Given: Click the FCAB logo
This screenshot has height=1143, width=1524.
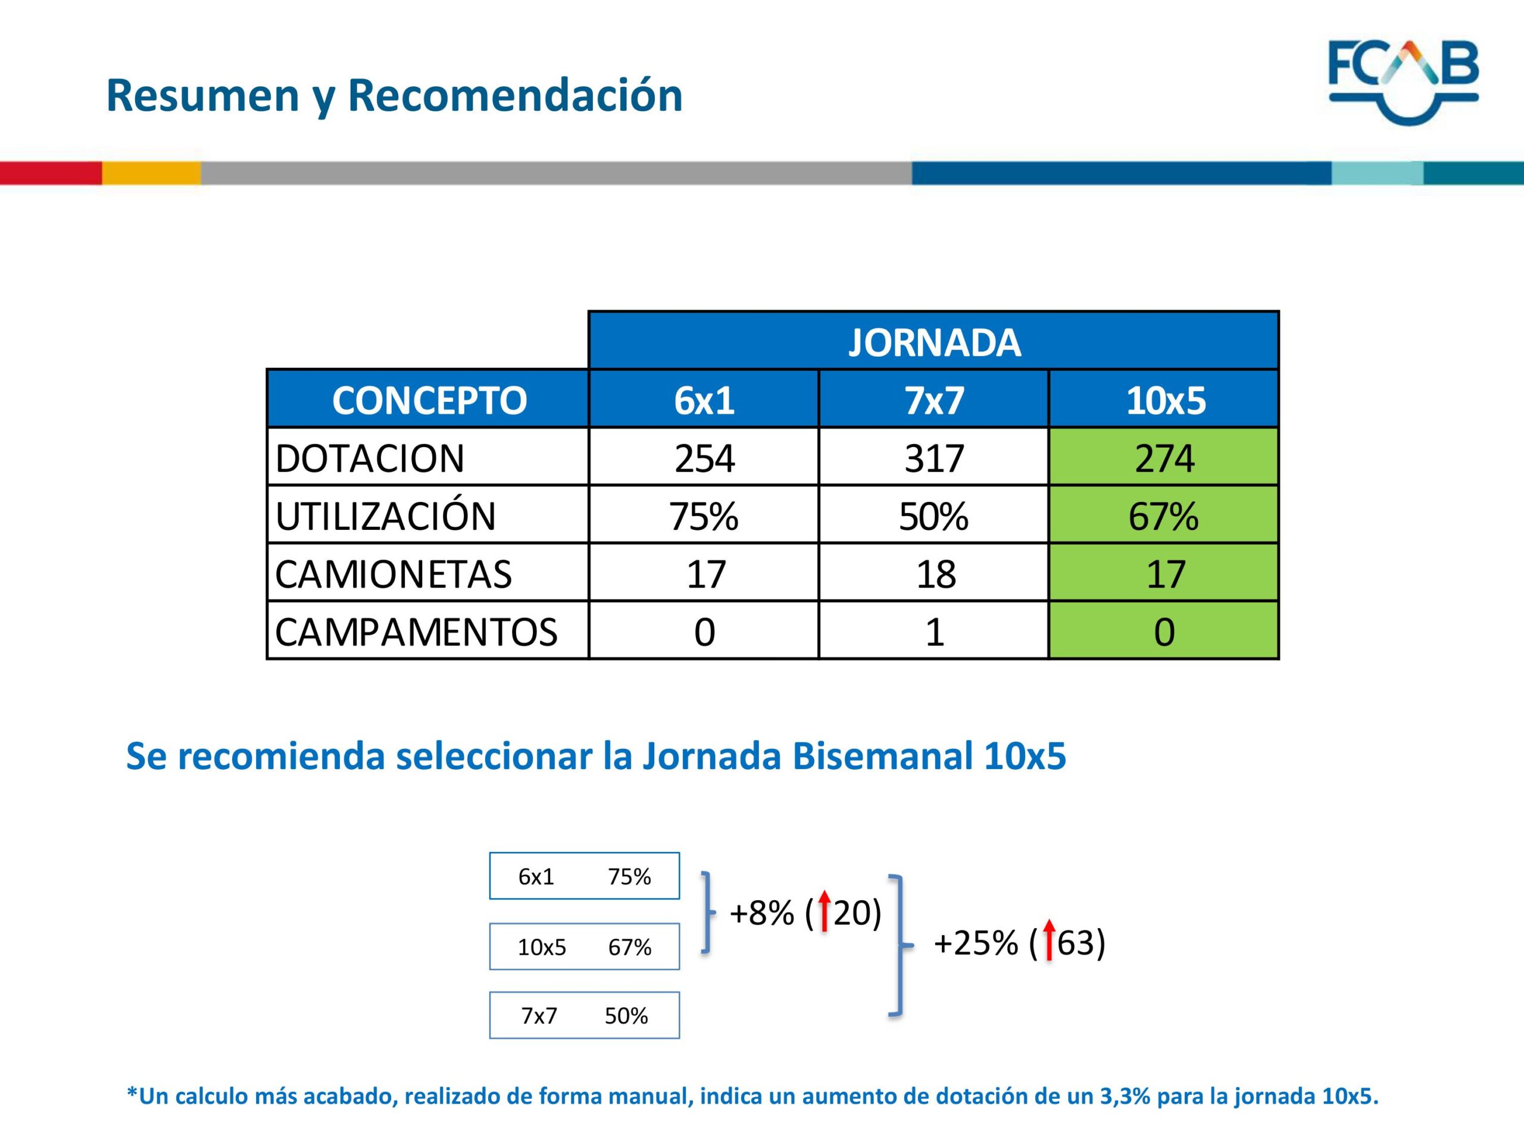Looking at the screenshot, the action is tap(1403, 82).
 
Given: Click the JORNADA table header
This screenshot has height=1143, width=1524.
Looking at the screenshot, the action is tap(933, 341).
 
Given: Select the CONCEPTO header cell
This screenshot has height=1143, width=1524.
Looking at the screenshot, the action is tap(428, 399).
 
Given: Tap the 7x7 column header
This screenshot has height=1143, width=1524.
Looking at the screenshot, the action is tap(933, 399).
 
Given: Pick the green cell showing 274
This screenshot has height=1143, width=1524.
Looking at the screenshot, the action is tap(1164, 457).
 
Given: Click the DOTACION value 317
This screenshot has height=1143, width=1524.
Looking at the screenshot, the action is tap(933, 457).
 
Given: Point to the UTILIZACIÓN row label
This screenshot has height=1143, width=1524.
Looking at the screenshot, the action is tap(385, 516).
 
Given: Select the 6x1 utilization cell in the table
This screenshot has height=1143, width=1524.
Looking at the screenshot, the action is tap(704, 515).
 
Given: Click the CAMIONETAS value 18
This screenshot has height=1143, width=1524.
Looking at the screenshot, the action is tap(933, 573).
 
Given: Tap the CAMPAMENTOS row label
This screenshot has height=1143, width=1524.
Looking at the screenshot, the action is tap(416, 631).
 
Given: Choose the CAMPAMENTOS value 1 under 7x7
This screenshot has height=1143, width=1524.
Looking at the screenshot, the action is tap(933, 630).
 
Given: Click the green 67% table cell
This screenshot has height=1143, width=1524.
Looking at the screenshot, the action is tap(1164, 515).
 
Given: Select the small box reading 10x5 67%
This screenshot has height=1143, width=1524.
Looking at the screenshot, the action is tap(584, 946).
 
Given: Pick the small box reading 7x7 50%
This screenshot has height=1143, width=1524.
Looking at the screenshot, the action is tap(584, 1015).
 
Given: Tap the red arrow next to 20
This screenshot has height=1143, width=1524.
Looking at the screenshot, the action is tap(824, 911).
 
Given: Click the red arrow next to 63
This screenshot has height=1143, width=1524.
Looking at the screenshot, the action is tap(1048, 940).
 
